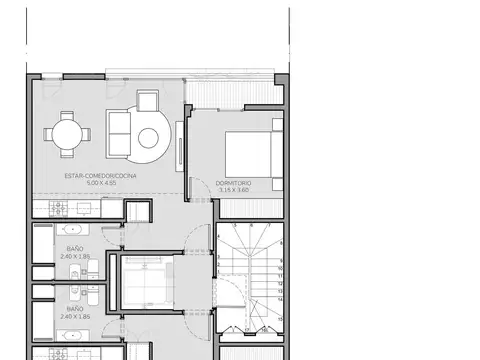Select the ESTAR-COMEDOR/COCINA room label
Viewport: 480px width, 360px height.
[101, 176]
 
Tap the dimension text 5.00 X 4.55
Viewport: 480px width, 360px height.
[101, 184]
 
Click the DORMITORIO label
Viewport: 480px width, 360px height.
[232, 182]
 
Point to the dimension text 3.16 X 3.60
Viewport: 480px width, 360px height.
[232, 190]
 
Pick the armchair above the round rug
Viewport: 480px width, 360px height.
[148, 101]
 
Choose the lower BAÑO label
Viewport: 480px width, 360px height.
[75, 309]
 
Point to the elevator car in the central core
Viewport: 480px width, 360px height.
[146, 280]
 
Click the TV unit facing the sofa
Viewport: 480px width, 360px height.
[179, 141]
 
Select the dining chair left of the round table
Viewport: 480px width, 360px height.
[45, 133]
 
